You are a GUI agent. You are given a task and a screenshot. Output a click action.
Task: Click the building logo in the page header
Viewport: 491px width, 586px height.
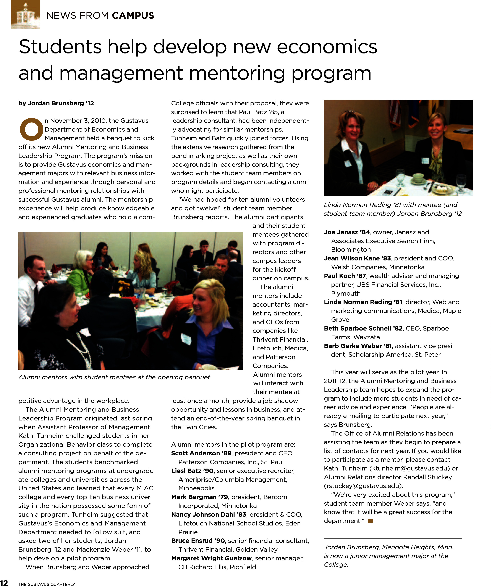tap(25, 15)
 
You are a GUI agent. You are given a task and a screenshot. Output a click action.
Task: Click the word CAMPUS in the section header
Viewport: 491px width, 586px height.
tap(133, 16)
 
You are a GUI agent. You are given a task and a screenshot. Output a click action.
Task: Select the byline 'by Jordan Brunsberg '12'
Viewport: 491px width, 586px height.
tap(56, 103)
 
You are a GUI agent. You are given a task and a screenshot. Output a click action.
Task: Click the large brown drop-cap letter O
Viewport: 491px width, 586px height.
tap(32, 129)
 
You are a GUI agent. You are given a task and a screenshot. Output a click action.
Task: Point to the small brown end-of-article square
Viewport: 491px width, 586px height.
tap(370, 521)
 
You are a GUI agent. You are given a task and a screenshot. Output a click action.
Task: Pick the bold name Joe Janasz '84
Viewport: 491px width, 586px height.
tap(347, 232)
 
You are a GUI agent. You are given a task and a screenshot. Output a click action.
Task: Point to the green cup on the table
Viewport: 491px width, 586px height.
tap(418, 177)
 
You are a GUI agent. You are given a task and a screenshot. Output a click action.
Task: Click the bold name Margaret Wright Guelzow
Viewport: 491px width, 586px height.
tap(211, 558)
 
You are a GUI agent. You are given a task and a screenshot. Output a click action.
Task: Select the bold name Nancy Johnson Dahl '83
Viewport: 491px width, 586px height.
tap(209, 514)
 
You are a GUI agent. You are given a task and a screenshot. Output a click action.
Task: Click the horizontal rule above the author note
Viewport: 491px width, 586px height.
tap(393, 538)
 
